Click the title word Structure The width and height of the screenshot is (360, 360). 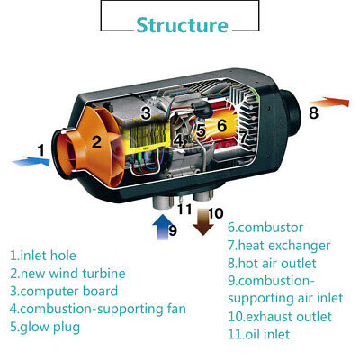pyautogui.click(x=182, y=24)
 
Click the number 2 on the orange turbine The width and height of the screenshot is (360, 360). pyautogui.click(x=96, y=141)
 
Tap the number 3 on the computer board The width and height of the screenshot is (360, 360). pyautogui.click(x=146, y=113)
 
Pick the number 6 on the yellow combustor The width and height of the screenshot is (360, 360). pyautogui.click(x=221, y=127)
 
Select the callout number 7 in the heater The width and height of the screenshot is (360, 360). pyautogui.click(x=243, y=136)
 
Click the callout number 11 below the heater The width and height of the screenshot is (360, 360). pyautogui.click(x=184, y=210)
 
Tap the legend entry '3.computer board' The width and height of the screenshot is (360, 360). pyautogui.click(x=64, y=291)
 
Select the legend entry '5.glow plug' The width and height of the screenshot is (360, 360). pyautogui.click(x=45, y=327)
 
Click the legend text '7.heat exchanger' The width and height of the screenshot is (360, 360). pyautogui.click(x=278, y=245)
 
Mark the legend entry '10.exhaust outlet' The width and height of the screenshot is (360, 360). pyautogui.click(x=279, y=316)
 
